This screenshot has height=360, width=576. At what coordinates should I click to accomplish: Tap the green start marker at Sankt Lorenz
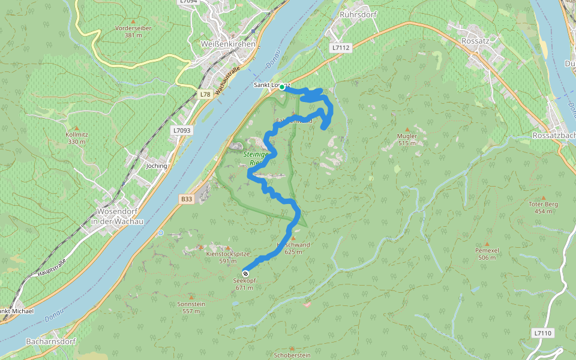click(x=282, y=87)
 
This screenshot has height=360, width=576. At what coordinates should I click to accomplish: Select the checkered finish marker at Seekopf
click(x=245, y=274)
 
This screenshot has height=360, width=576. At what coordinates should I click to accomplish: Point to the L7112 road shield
click(x=340, y=47)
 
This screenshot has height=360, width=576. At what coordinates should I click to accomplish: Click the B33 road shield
click(x=187, y=199)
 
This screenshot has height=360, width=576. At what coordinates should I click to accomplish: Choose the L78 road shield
click(x=205, y=95)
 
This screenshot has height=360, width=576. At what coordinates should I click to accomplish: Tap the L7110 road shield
click(x=542, y=332)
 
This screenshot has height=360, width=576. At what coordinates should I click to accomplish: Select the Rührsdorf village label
click(x=358, y=13)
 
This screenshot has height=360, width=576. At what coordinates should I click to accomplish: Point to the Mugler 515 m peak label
click(x=407, y=139)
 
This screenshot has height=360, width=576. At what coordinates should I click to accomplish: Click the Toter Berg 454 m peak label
click(x=544, y=208)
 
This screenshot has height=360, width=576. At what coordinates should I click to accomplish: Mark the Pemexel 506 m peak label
click(x=487, y=254)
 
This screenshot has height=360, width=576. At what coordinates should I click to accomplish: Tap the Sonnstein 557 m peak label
click(x=192, y=307)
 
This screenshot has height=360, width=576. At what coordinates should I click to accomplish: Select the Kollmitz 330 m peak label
click(x=77, y=138)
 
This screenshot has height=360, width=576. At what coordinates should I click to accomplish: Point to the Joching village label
click(x=157, y=166)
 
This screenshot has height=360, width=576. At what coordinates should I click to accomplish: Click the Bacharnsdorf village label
click(x=50, y=341)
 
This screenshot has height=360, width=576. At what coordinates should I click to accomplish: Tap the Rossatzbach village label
click(x=553, y=136)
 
